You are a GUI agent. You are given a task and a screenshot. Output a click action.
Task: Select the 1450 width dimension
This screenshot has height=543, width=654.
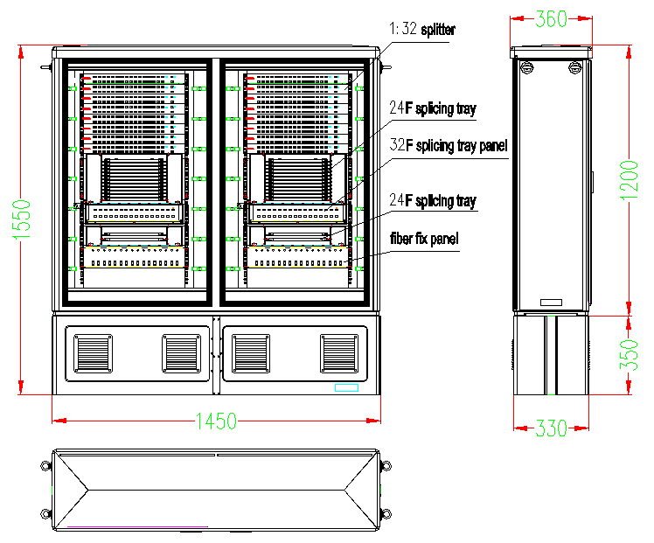tap(216, 421)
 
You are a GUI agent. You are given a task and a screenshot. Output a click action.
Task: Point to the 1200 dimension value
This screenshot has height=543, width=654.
tap(643, 179)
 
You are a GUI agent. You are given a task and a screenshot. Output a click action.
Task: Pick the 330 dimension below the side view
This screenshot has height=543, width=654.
tap(552, 428)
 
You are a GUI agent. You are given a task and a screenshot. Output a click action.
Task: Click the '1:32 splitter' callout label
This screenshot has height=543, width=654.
tap(423, 31)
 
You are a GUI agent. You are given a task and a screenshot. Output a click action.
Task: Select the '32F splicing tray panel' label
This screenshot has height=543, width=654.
tap(449, 145)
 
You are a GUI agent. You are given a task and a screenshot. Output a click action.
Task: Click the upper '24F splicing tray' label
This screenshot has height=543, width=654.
tap(433, 109)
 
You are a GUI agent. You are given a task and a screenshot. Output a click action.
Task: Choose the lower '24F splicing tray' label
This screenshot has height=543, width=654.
tap(433, 201)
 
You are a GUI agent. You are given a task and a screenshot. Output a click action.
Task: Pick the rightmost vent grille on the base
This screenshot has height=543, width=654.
tap(340, 352)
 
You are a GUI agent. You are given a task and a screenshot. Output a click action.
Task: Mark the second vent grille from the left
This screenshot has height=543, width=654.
tap(181, 352)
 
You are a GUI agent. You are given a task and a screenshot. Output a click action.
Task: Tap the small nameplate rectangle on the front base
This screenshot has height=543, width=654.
tap(346, 387)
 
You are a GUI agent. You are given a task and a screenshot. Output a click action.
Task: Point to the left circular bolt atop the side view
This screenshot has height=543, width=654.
tap(525, 66)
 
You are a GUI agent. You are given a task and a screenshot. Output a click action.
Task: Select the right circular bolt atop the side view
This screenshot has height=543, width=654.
tap(574, 66)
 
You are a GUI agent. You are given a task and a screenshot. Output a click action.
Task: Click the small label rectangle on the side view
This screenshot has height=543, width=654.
tap(552, 303)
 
